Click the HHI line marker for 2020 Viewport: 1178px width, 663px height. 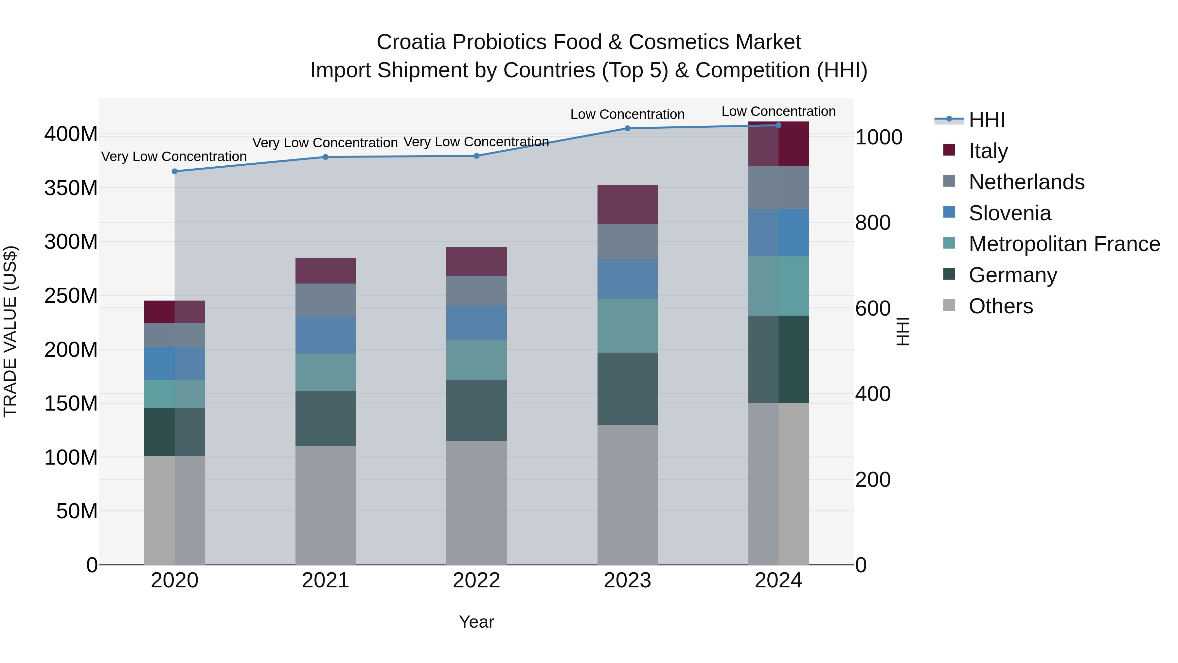tap(175, 171)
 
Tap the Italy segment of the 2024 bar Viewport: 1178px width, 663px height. tap(778, 144)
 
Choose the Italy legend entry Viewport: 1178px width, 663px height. tap(988, 151)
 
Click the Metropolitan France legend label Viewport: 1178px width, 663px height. tap(1064, 244)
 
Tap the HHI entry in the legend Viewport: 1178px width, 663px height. tap(986, 120)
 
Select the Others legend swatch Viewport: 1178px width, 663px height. tap(949, 305)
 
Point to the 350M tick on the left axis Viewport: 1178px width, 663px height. tap(71, 188)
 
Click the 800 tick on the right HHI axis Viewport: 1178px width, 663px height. tap(872, 223)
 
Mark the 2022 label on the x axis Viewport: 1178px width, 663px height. tap(476, 580)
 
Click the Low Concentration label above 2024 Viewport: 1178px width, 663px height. tap(778, 111)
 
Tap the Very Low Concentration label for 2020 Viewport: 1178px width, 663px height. tap(174, 157)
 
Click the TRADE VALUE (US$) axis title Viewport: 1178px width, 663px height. tap(10, 331)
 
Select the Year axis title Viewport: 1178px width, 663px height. tap(476, 622)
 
